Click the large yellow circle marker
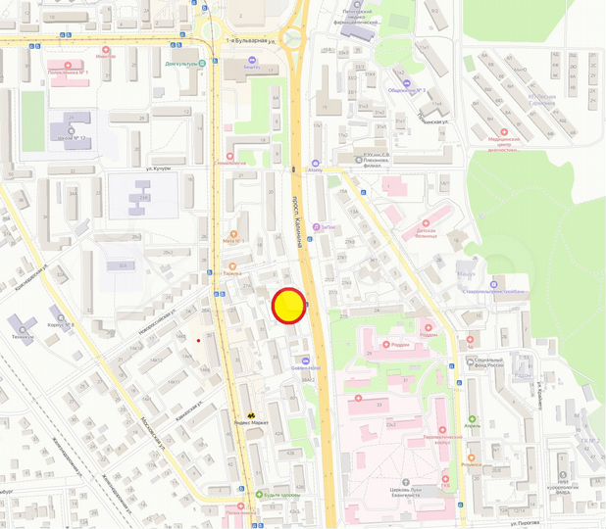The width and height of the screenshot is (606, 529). [289, 306]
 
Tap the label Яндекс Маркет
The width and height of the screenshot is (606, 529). [252, 424]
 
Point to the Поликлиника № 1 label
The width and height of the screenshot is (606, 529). [70, 72]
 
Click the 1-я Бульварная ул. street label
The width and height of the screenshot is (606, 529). [251, 40]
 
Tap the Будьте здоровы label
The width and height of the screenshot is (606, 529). [265, 494]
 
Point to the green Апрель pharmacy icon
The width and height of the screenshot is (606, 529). [472, 419]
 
